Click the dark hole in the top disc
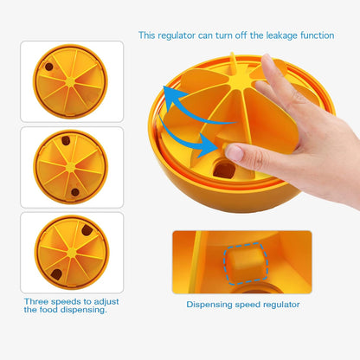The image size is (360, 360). [x=48, y=67]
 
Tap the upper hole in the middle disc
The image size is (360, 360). [x=66, y=140]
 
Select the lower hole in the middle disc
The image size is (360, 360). [x=75, y=192]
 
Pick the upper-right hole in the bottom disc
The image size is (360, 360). [x=87, y=230]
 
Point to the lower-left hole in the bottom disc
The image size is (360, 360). [x=56, y=274]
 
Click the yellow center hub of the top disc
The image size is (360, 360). [x=70, y=82]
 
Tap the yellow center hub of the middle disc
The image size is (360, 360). [x=71, y=167]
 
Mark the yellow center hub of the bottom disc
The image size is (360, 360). [x=72, y=253]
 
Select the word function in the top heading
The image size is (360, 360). [x=318, y=35]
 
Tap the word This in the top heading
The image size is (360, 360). [x=146, y=35]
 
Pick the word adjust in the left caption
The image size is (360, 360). [x=106, y=302]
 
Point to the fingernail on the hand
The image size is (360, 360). [x=235, y=153]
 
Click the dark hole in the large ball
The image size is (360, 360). [x=224, y=170]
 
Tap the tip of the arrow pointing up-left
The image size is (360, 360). [x=164, y=87]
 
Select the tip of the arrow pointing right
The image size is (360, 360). [x=218, y=147]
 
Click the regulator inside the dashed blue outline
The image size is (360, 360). [x=246, y=262]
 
